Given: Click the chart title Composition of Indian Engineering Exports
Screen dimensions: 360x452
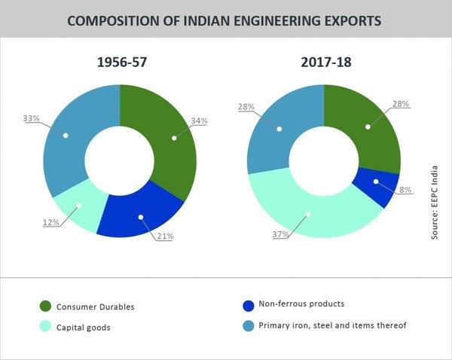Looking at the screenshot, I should click(224, 20).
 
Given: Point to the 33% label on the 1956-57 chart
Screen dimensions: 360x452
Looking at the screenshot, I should click(31, 118).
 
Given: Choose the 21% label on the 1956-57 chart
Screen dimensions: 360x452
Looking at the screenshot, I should click(165, 236).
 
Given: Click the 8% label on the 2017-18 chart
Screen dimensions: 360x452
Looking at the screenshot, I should click(405, 190).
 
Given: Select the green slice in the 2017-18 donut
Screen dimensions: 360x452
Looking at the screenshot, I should click(368, 127).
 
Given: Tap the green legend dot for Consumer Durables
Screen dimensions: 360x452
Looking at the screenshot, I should click(44, 307).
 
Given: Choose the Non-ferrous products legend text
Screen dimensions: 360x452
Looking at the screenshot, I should click(301, 304).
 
